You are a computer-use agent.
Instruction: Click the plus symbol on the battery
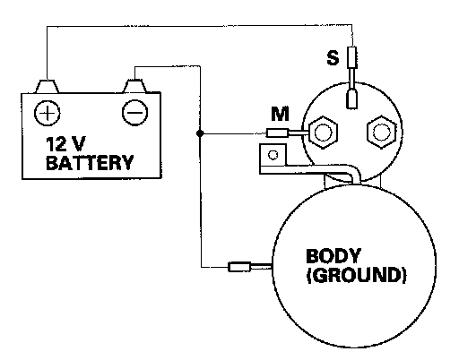click(x=48, y=113)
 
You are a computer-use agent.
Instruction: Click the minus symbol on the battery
click(x=135, y=113)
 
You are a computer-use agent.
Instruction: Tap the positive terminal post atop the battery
click(x=48, y=86)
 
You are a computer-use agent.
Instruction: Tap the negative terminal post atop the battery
click(x=135, y=86)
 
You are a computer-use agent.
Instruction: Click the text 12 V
click(x=65, y=144)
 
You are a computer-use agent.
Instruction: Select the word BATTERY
click(x=90, y=163)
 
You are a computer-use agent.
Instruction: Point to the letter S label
click(x=333, y=57)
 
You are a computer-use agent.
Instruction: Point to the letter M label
click(x=280, y=114)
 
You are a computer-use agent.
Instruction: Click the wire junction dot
click(x=200, y=133)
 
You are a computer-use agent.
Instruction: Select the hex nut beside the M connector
click(x=323, y=132)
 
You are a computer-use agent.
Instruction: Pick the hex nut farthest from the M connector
click(x=381, y=132)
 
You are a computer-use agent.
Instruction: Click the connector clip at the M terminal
click(x=277, y=133)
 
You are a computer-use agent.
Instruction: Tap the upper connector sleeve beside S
click(x=352, y=57)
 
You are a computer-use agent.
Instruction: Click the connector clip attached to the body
click(x=239, y=267)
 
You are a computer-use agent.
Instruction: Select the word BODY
click(x=333, y=256)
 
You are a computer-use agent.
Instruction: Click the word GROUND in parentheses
click(x=357, y=275)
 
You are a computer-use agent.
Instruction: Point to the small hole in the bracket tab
click(x=273, y=155)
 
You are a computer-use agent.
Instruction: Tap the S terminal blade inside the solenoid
click(x=352, y=99)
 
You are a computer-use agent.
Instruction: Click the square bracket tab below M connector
click(x=273, y=155)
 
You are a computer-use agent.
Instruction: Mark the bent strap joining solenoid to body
click(x=311, y=169)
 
